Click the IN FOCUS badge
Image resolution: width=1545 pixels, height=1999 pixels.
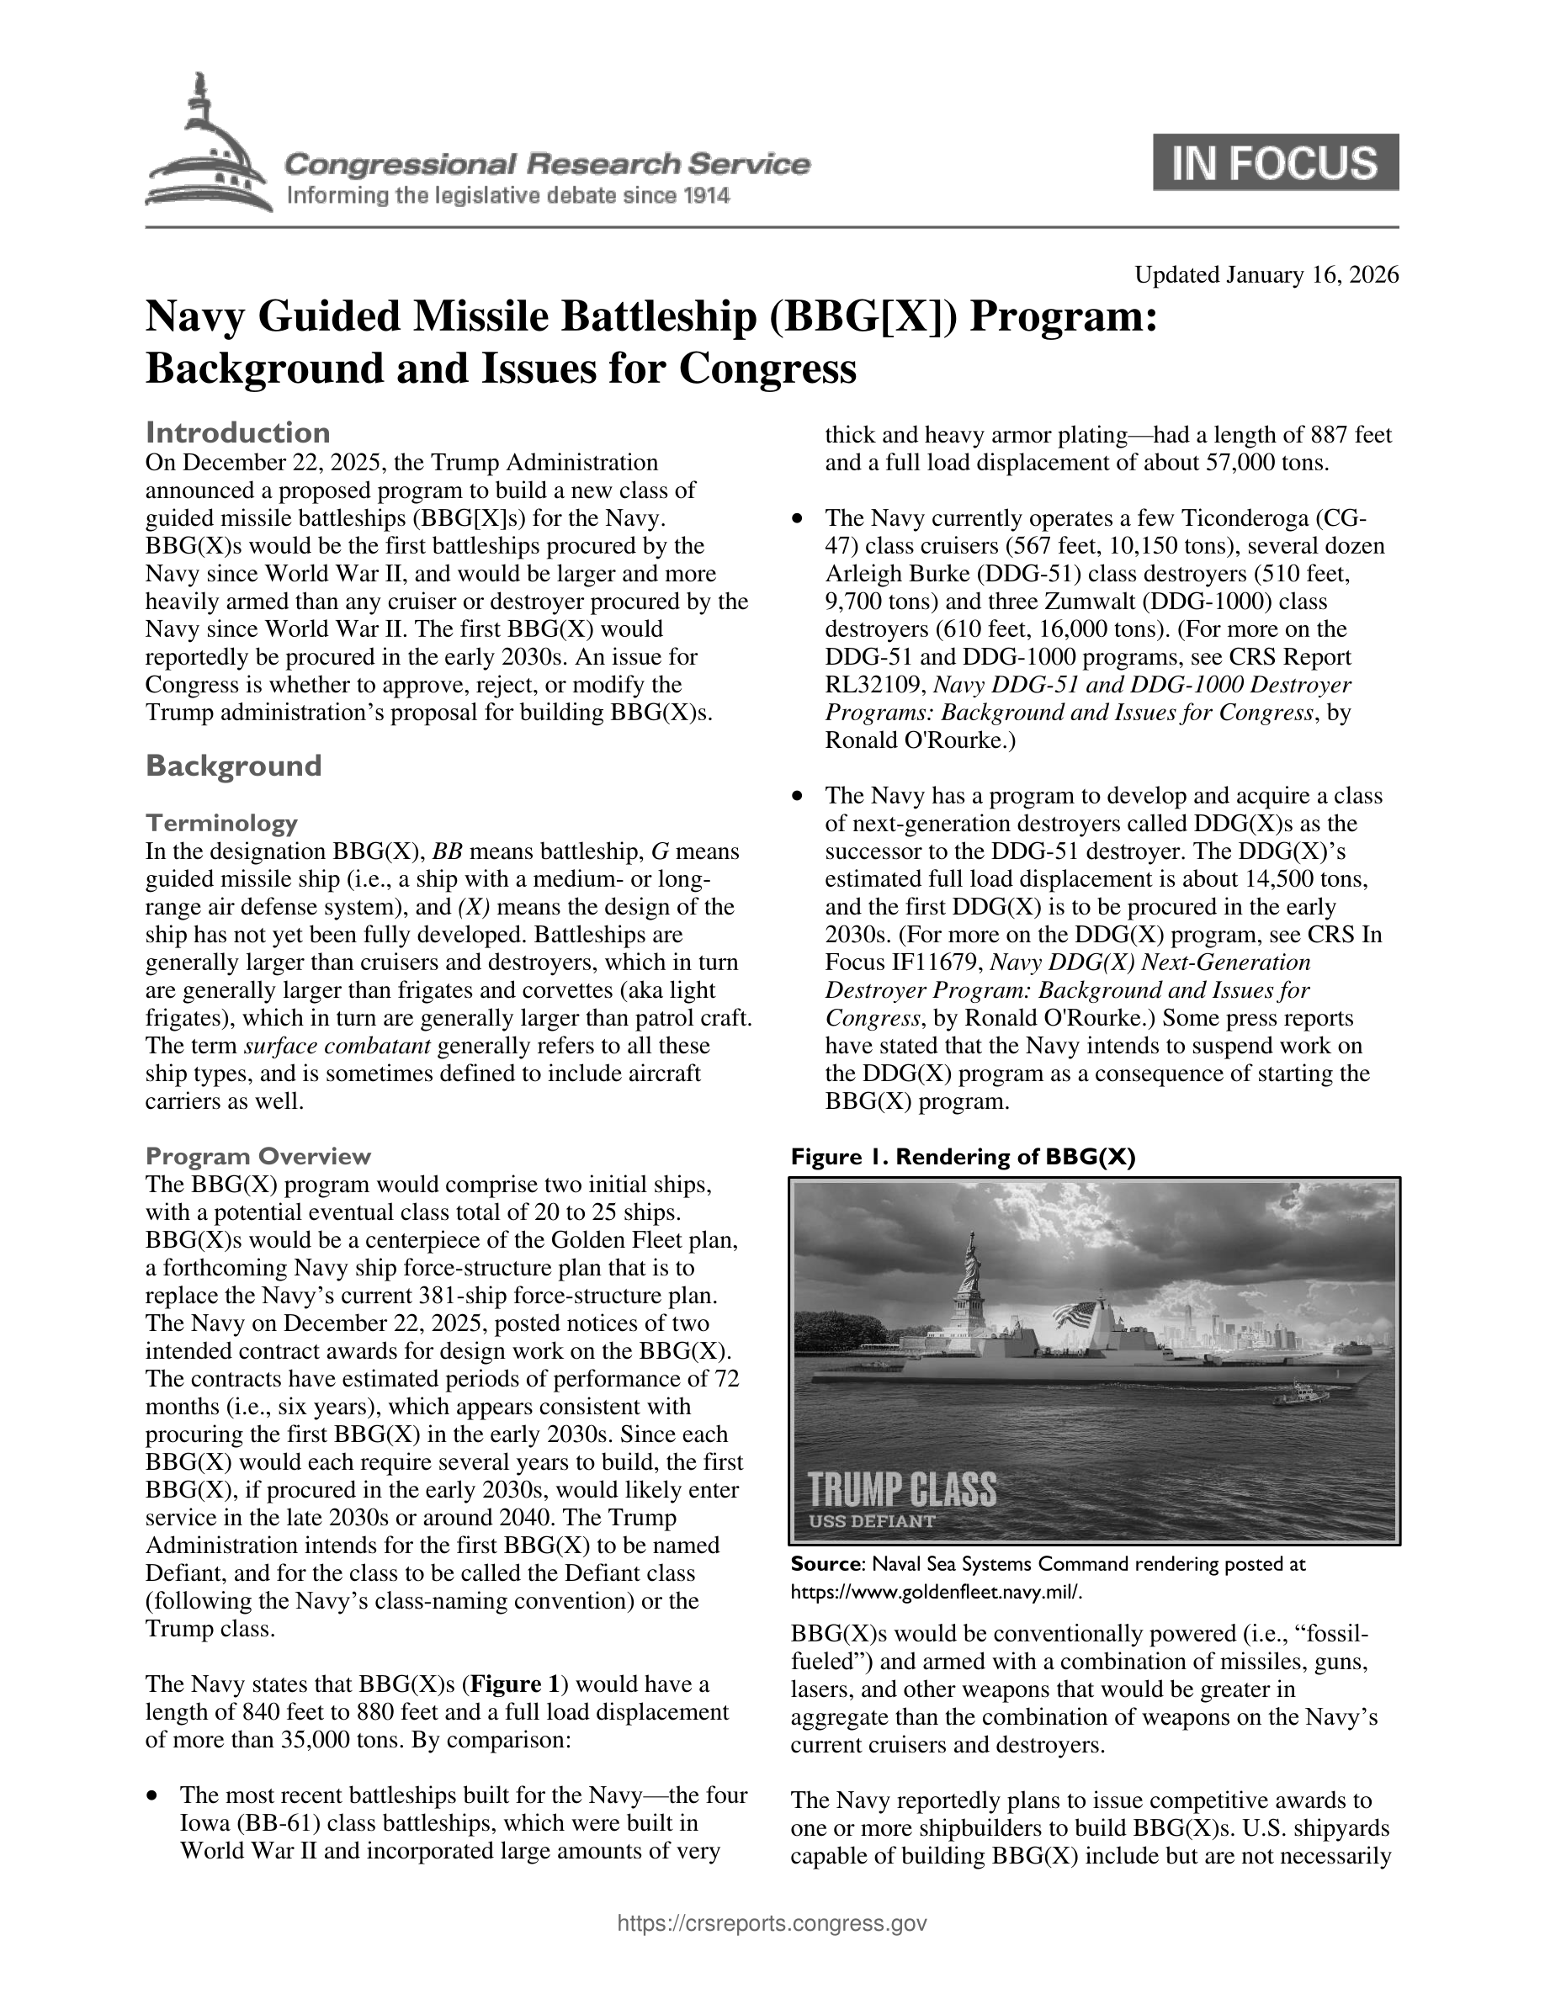pos(1275,162)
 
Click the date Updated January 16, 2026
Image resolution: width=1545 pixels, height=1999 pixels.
pos(1266,275)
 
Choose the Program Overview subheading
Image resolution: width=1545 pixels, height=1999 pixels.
pos(258,1156)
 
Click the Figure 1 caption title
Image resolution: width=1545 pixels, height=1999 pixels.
pos(963,1157)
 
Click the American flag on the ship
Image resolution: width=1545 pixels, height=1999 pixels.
pos(1077,1318)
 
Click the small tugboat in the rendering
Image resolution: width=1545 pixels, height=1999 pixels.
pos(1301,1396)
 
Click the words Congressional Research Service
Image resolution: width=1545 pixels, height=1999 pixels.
pos(547,165)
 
